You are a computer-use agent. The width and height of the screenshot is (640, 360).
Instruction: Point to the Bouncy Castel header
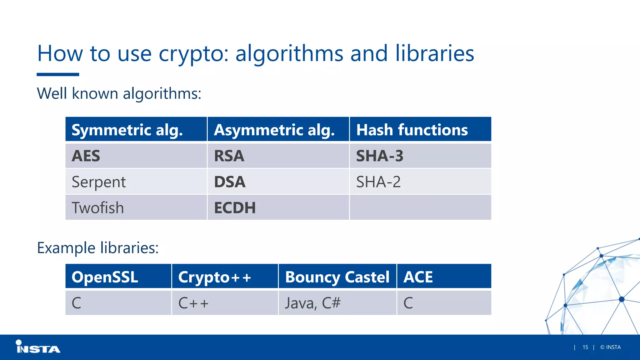pos(337,277)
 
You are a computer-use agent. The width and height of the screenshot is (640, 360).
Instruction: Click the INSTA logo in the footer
pos(38,347)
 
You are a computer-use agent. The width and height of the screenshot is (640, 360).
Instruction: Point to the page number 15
pos(585,347)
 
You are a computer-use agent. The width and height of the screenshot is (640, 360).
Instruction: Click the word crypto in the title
pos(193,54)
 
